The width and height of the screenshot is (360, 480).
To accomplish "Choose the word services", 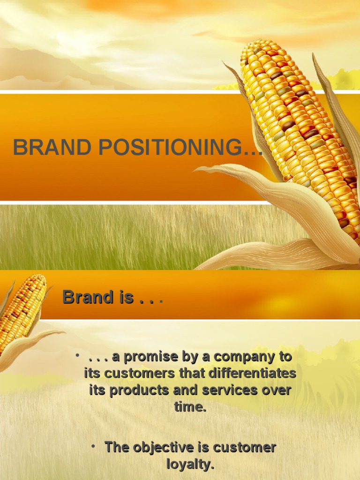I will [x=230, y=390].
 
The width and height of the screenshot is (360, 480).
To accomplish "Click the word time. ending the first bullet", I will [x=190, y=407].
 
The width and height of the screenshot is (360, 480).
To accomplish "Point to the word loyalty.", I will [x=190, y=464].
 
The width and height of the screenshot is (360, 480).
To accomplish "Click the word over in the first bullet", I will [x=277, y=390].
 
